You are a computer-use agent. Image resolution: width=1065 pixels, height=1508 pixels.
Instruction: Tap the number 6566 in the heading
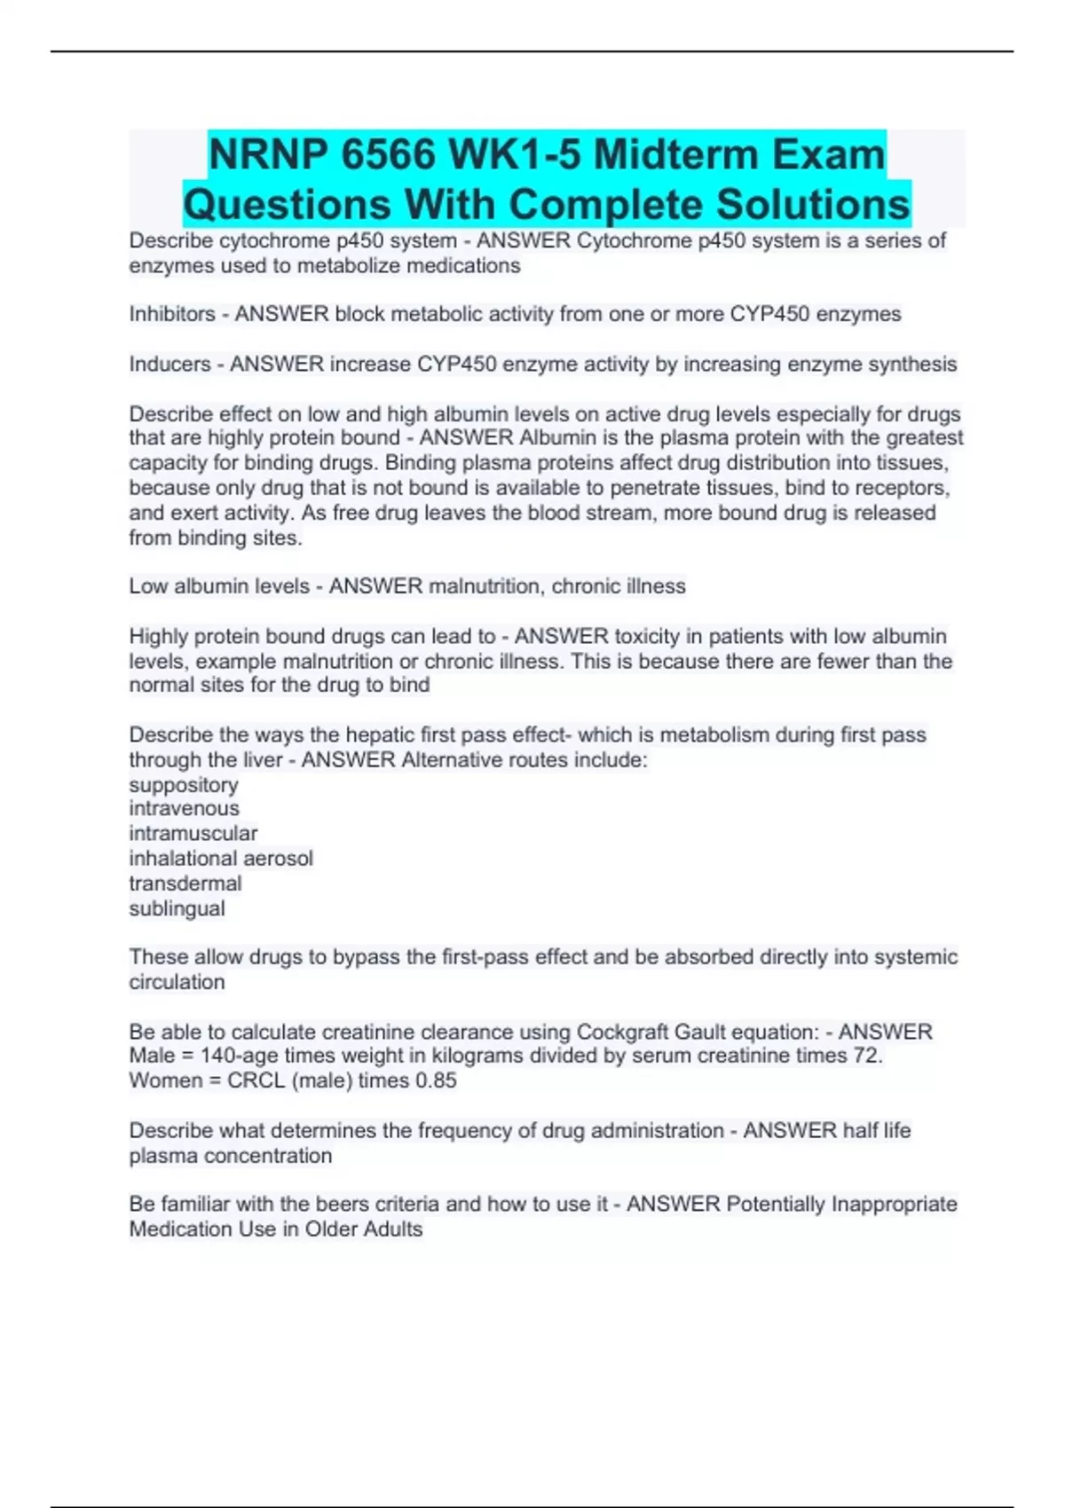point(389,154)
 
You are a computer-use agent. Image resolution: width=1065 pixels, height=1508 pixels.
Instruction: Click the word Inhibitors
point(172,314)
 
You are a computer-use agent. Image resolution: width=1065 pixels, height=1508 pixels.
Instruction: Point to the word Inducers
point(170,364)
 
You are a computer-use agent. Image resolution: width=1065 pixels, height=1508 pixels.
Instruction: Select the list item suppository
point(184,785)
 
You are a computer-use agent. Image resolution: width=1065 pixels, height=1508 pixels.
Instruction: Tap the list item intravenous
point(184,808)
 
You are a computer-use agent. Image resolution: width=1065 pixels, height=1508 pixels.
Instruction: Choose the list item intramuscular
point(193,833)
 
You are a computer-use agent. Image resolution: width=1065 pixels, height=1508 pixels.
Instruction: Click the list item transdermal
point(185,884)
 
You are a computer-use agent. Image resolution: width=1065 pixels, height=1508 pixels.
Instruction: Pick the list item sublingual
point(177,908)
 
